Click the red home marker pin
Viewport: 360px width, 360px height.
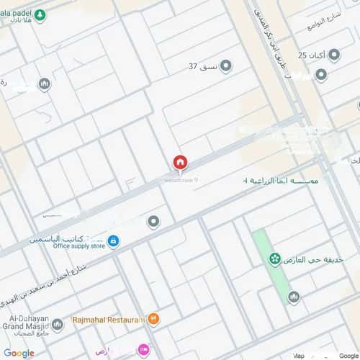pos(180,163)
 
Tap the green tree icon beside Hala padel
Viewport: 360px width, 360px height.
pos(40,14)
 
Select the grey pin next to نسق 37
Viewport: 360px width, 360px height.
pos(225,67)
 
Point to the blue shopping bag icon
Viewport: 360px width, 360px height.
pos(113,240)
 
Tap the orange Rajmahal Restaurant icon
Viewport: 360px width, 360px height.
pos(154,318)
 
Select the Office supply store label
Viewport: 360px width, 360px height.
pos(78,246)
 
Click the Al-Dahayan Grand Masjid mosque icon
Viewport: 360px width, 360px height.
pos(57,325)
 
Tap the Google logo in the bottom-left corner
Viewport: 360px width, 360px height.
pos(19,353)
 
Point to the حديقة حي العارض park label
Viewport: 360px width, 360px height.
pos(315,259)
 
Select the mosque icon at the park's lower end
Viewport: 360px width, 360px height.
pos(293,297)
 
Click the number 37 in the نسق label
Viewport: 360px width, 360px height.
pos(193,67)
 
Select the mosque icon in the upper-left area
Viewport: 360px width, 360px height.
pos(44,84)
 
